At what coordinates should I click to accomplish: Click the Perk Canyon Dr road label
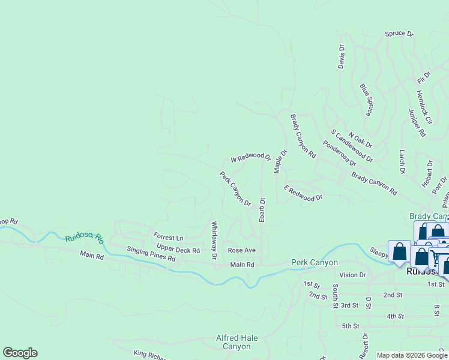235,188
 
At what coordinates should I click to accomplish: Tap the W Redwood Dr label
248,158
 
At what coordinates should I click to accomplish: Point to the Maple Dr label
280,161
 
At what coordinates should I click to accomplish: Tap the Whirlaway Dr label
214,240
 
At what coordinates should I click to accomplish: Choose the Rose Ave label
241,250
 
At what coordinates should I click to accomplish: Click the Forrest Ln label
168,238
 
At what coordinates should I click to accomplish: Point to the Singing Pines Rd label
151,254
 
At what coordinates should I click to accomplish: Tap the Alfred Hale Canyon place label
237,342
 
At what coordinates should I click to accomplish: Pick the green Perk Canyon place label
314,262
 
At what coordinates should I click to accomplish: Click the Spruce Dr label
399,34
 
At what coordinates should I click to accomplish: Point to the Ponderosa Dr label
339,153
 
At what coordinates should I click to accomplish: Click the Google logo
20,353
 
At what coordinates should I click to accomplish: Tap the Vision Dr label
352,275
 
